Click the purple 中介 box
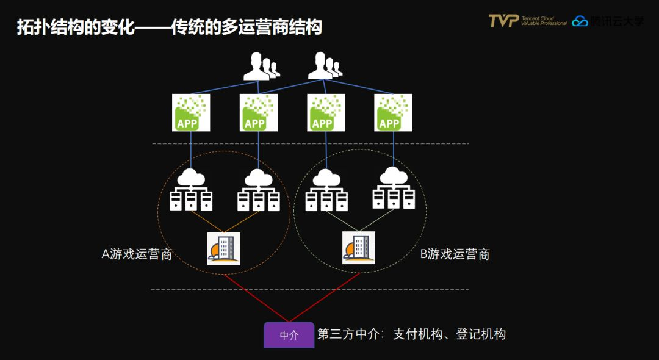tap(289, 335)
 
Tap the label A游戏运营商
tap(137, 254)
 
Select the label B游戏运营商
tap(455, 254)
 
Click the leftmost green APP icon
tap(191, 112)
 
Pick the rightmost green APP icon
tap(393, 112)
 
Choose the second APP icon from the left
tap(258, 112)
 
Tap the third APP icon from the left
tap(326, 112)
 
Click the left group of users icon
tap(261, 67)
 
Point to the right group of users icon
tap(324, 67)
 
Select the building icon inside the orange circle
tap(224, 248)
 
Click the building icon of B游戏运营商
tap(359, 248)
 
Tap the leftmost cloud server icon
tap(191, 190)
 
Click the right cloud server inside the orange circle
tap(258, 190)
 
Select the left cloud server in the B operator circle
tap(326, 190)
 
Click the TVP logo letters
tap(503, 21)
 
